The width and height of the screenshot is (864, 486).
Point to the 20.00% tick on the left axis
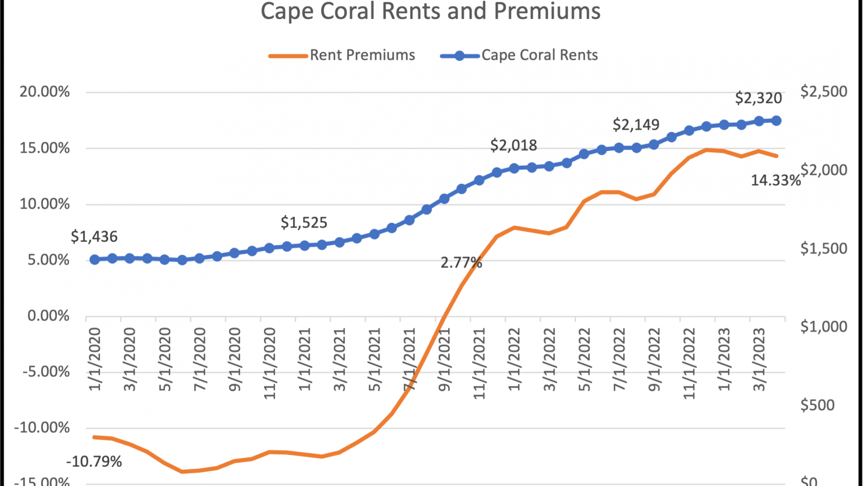(x=45, y=92)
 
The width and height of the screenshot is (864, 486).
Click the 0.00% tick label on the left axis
(x=49, y=316)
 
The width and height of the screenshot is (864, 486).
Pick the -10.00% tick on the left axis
(x=42, y=427)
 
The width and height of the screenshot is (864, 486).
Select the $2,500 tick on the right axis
(x=823, y=92)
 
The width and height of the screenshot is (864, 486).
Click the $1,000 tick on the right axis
(x=823, y=327)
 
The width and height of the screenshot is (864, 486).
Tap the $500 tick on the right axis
(x=817, y=405)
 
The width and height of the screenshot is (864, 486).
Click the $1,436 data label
(x=94, y=237)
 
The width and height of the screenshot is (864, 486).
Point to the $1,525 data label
(x=304, y=223)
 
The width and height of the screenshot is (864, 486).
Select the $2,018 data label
(x=513, y=145)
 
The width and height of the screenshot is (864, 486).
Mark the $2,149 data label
(x=636, y=125)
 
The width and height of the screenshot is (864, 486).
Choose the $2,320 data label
(x=758, y=98)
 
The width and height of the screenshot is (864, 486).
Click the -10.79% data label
(x=94, y=462)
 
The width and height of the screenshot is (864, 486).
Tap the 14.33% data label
(x=776, y=180)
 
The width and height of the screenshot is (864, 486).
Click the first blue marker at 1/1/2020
(x=94, y=260)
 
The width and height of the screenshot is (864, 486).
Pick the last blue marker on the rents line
(x=776, y=121)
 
